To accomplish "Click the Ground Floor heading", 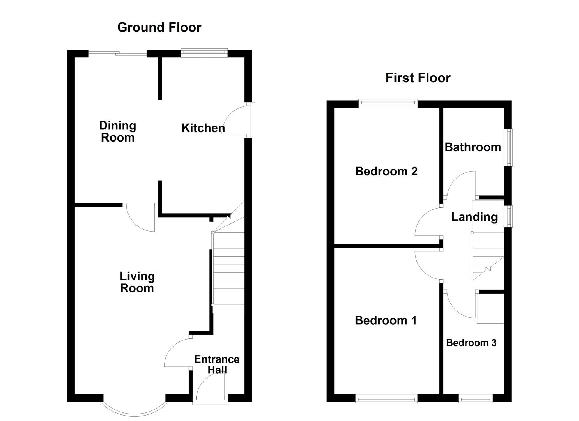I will (x=159, y=27).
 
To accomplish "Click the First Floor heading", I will (x=418, y=78).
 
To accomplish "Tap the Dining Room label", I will (x=117, y=131).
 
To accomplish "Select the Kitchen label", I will (x=203, y=128).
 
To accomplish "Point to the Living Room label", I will (x=137, y=282).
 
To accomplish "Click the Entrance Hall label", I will (x=217, y=364).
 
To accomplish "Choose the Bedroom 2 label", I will (x=386, y=171).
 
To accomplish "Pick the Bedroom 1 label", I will (x=386, y=320).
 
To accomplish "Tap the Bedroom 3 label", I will (x=471, y=343).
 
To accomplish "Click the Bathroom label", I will (x=473, y=147).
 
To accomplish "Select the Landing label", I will (x=474, y=217).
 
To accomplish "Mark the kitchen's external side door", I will (x=253, y=120).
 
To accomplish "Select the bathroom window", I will (x=509, y=147).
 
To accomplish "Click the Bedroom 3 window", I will (x=475, y=398).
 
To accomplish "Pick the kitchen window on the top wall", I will (x=204, y=52).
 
